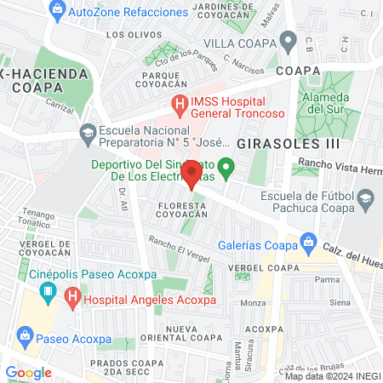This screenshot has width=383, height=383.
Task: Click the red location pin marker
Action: tap(191, 174)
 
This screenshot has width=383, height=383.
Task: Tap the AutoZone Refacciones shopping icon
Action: tap(56, 12)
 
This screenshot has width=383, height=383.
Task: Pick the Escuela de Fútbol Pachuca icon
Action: tap(365, 201)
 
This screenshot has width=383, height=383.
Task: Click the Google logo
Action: tap(28, 372)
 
